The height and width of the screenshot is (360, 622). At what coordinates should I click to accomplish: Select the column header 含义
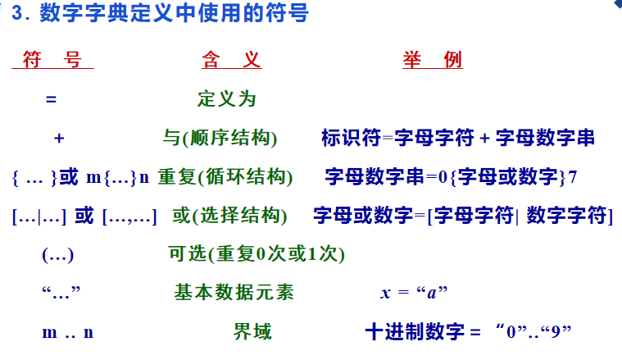coord(231,60)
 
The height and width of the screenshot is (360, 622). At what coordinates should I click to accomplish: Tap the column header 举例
coord(433,60)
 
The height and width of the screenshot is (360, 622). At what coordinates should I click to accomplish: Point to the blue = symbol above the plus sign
coord(51,99)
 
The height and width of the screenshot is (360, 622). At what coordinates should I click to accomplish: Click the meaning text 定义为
coord(227,99)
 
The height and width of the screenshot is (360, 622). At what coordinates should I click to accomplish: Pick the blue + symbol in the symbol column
coord(58,138)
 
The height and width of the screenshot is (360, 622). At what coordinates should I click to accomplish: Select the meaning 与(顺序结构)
coord(220,138)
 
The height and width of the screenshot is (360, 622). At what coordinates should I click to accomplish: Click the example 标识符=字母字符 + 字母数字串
coord(458,138)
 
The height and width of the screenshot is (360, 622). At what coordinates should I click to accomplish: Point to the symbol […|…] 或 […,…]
coord(84,216)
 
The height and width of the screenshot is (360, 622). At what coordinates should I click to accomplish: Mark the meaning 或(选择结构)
coord(229,216)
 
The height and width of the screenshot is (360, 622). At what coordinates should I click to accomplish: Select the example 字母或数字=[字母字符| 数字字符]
coord(463,216)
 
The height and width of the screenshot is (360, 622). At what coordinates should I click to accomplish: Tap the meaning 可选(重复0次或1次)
coord(257,254)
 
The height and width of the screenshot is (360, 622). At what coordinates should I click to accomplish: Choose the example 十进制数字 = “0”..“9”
coord(467,332)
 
